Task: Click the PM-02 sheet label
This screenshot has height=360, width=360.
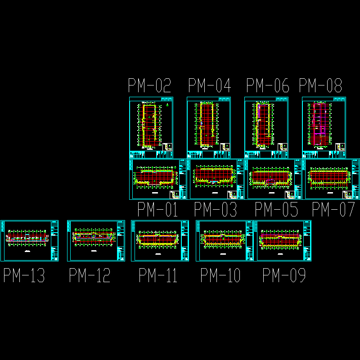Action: point(150,85)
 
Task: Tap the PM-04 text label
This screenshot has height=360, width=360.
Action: point(209,85)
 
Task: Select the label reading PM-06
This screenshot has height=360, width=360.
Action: point(268,85)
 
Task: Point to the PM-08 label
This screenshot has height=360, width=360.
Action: point(320,85)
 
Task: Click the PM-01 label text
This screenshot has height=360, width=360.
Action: point(157,210)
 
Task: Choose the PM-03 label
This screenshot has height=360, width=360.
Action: point(215,210)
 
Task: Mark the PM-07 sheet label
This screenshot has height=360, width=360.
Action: point(333,210)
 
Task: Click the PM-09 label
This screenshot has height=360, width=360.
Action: point(284,275)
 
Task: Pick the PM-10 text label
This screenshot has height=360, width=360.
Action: point(220,275)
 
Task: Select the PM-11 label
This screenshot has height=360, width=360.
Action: point(158,275)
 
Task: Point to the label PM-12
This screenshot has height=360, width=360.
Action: point(90,275)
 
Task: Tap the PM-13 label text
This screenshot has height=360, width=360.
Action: point(24,275)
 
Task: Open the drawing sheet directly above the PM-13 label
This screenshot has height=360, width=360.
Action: point(29,241)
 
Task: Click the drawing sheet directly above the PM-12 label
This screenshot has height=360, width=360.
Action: point(96,241)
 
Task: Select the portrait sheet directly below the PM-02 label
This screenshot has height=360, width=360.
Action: point(151,127)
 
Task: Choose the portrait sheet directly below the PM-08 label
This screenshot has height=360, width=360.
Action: point(324,127)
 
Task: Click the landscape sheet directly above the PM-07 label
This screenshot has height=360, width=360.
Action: point(332,179)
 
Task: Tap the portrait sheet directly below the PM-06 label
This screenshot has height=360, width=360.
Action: point(266,127)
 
